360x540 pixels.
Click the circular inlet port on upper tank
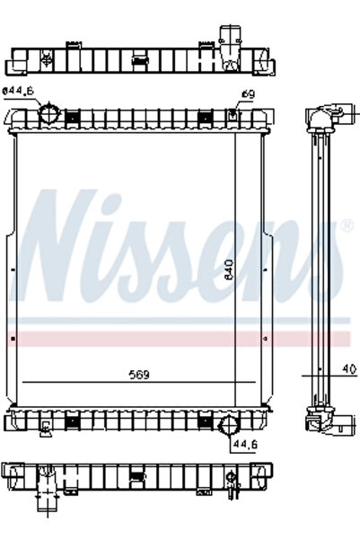(x=48, y=115)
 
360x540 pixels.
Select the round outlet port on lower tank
(x=227, y=425)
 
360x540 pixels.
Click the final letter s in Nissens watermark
(x=319, y=261)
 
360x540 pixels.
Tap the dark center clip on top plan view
(x=138, y=61)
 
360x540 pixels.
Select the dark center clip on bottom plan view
(x=136, y=476)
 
